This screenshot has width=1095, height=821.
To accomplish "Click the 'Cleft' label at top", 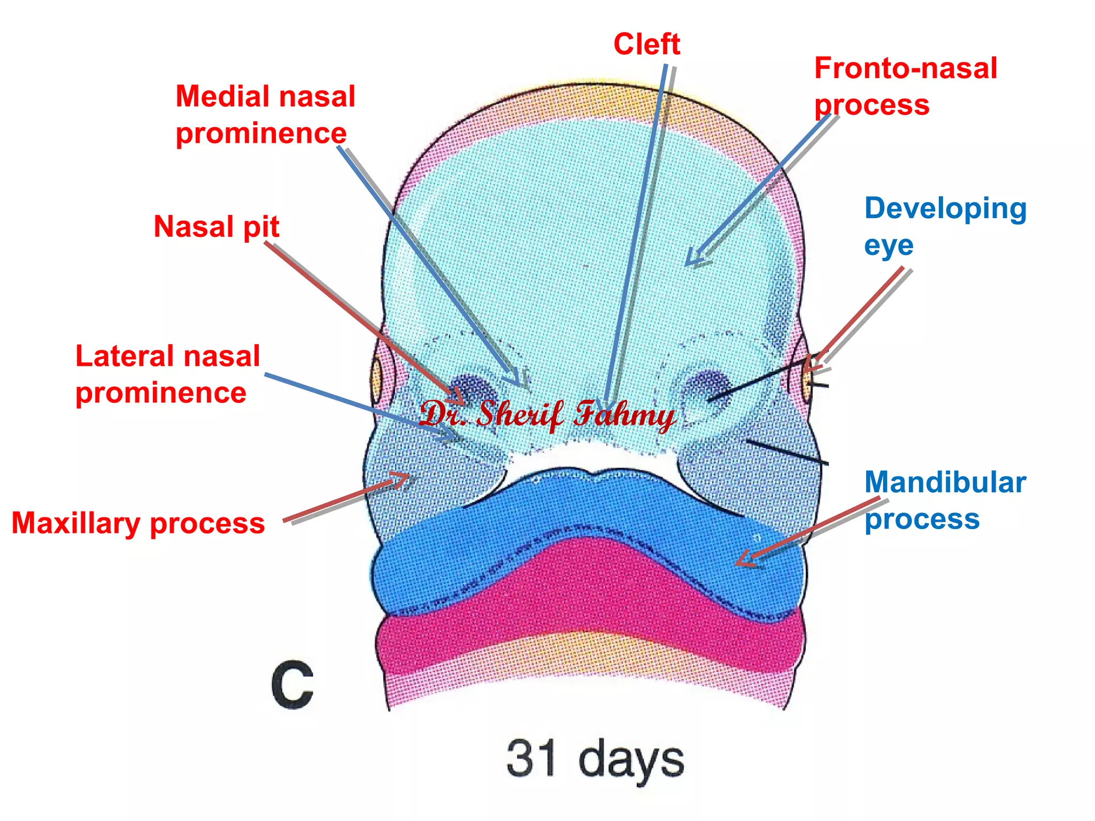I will point(646,44).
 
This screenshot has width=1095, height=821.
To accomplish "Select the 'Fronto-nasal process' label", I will point(905,87).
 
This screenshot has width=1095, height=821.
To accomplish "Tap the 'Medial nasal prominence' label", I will point(265,115).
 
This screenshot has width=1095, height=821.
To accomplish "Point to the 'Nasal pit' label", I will point(217,227).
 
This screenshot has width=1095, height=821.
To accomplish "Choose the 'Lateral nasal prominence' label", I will point(167,374).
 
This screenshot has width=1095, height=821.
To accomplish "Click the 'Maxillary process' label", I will point(138,523).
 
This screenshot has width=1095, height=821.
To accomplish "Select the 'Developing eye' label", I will point(945,227).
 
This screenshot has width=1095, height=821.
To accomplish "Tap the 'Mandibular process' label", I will point(945,500).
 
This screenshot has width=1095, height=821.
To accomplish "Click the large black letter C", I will point(292,685).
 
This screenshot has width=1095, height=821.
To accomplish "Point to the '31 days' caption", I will point(595,759).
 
